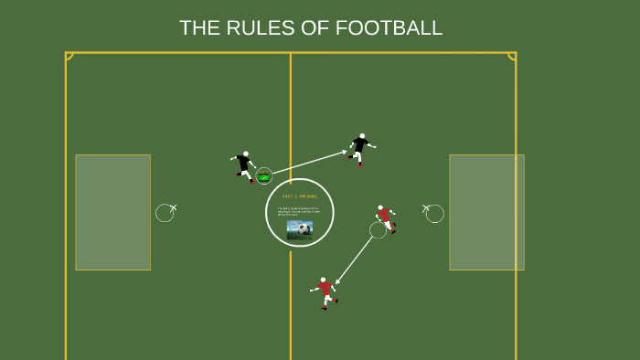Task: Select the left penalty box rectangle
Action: pyautogui.click(x=112, y=212)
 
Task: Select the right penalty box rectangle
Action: pyautogui.click(x=486, y=212)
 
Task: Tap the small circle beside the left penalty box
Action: pyautogui.click(x=165, y=213)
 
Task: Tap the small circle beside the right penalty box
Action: pyautogui.click(x=435, y=214)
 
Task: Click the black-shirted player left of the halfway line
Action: pyautogui.click(x=244, y=166)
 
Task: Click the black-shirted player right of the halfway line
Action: pyautogui.click(x=360, y=149)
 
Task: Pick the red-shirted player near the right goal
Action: pyautogui.click(x=386, y=217)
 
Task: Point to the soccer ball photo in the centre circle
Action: pyautogui.click(x=299, y=229)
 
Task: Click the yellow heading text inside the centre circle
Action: pyautogui.click(x=300, y=196)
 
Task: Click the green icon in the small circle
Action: pyautogui.click(x=264, y=176)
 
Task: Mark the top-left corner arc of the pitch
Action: pyautogui.click(x=69, y=57)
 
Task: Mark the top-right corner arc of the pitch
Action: pyautogui.click(x=512, y=57)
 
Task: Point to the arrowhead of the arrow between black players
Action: pyautogui.click(x=344, y=153)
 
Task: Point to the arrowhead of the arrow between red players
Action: pyautogui.click(x=337, y=282)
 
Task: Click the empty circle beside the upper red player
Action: pyautogui.click(x=378, y=230)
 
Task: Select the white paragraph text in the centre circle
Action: pyautogui.click(x=299, y=212)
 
